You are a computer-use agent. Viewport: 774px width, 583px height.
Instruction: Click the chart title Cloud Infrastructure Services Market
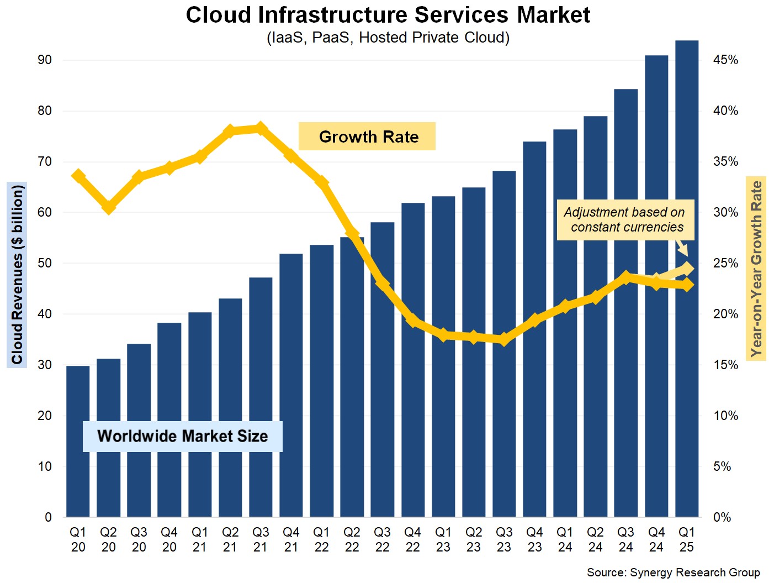point(388,15)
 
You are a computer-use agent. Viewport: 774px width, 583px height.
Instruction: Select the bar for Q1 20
point(78,442)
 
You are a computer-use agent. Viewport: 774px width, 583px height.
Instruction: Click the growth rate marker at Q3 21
point(261,129)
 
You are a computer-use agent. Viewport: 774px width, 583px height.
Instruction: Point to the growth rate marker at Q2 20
point(109,207)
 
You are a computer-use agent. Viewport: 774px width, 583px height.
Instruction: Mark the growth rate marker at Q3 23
point(503,339)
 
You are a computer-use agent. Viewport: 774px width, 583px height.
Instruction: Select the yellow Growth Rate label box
point(367,136)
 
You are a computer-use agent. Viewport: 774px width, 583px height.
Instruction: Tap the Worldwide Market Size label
point(182,436)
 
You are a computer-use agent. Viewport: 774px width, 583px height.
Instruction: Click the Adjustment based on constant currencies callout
point(625,219)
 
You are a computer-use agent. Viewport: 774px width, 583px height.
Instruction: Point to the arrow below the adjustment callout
point(682,248)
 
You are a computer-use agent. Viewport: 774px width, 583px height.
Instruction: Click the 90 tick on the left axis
point(45,60)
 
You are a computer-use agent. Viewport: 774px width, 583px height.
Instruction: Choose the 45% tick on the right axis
point(725,60)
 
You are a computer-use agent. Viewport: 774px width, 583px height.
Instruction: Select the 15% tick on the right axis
point(725,365)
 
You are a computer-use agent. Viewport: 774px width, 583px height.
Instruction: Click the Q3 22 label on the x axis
point(382,539)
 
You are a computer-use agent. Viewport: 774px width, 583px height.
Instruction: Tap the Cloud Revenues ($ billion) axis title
point(17,275)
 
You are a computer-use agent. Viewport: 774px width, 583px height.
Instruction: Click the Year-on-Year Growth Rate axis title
point(756,269)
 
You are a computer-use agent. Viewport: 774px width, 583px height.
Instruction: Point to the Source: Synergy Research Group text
point(673,573)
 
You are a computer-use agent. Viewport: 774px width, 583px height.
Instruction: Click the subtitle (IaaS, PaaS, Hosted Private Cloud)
point(388,38)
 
